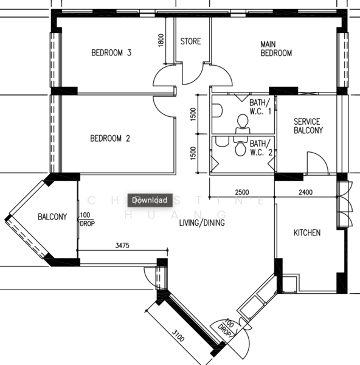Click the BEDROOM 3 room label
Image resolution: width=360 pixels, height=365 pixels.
[111, 53]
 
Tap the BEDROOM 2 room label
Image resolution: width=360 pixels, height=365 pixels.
[110, 139]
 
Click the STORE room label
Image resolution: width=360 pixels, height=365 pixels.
[190, 42]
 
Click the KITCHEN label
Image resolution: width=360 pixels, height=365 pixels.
[307, 233]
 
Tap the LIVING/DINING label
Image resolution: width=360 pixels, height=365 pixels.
[201, 223]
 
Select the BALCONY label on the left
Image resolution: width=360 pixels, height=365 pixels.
[52, 217]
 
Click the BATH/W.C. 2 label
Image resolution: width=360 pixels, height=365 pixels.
[260, 147]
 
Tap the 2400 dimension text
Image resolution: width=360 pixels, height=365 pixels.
[305, 193]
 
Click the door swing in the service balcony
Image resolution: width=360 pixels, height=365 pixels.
[316, 162]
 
